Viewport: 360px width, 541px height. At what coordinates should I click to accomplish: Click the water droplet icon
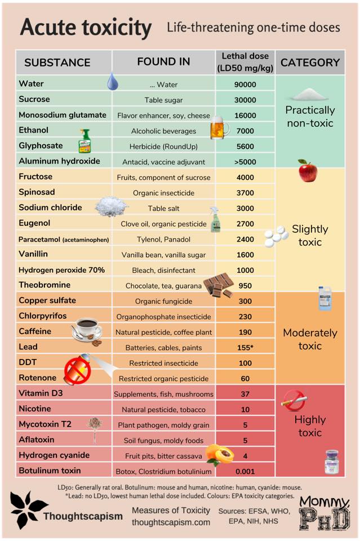point(113,83)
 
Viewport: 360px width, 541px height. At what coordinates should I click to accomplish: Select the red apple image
point(308,170)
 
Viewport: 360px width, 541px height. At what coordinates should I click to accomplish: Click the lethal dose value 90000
point(245,85)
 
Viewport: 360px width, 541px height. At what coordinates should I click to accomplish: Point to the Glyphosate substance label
point(41,145)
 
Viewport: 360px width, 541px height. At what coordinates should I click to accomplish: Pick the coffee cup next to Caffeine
point(86,332)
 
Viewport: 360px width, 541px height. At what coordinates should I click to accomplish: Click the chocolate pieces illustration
point(219,285)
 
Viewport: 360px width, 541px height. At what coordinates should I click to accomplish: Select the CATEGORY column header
point(310,63)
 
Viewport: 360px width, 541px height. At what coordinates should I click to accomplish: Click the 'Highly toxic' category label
point(310,426)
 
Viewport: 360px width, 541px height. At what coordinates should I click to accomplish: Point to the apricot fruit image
point(220,454)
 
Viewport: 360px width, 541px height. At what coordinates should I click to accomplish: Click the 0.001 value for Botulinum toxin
point(245,471)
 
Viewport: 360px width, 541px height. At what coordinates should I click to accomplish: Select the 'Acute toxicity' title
point(86,28)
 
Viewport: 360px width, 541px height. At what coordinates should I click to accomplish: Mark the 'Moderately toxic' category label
point(310,339)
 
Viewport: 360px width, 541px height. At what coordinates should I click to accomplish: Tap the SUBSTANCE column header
point(57,63)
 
